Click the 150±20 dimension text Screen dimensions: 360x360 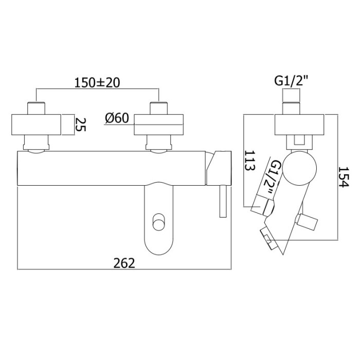98,82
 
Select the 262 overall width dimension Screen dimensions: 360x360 124,263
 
